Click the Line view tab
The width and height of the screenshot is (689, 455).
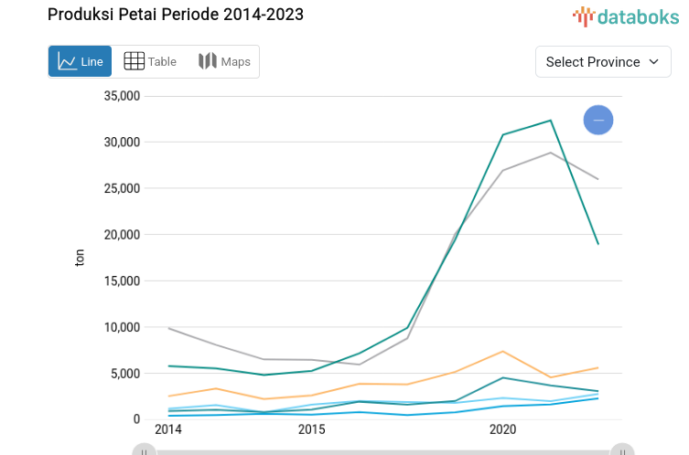click(81, 61)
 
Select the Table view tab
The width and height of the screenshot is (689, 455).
click(150, 61)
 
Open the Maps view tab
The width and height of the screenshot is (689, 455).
click(224, 61)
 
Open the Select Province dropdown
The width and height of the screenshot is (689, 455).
click(603, 61)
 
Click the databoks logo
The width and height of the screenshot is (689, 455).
click(626, 16)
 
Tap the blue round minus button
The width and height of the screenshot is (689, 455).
click(598, 120)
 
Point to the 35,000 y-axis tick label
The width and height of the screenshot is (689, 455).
click(122, 96)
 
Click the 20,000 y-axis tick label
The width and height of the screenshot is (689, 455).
click(122, 235)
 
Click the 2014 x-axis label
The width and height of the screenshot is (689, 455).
click(168, 429)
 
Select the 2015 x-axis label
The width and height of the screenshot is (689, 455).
click(312, 429)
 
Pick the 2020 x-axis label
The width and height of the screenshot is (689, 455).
click(502, 429)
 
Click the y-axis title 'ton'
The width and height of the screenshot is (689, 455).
click(80, 259)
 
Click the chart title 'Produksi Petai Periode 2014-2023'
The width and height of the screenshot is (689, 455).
click(176, 15)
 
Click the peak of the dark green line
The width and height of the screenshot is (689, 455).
click(550, 120)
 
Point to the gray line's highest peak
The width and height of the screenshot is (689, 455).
click(550, 153)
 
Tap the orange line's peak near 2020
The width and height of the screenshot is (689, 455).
click(502, 351)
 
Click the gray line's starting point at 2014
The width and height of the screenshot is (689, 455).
click(168, 328)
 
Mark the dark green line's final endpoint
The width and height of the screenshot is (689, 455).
click(598, 244)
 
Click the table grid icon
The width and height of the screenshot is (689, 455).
click(134, 61)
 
